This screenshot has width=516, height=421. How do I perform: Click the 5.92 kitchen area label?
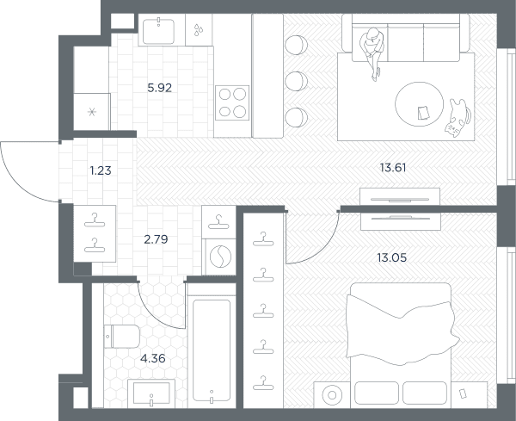click(160, 88)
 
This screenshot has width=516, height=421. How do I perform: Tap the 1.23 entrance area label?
click(101, 170)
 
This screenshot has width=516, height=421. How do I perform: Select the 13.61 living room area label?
click(393, 168)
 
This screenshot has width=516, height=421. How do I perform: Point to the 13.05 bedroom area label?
click(391, 257)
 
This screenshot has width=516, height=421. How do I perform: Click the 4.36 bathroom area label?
click(153, 358)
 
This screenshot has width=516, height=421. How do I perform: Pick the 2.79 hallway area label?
click(156, 239)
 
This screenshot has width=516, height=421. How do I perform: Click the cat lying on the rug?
click(458, 118)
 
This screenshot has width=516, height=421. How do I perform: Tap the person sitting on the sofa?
click(372, 53)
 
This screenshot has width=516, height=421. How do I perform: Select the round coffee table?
click(420, 104)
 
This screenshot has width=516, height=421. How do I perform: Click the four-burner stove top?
click(232, 102)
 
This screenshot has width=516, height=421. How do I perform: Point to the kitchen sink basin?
click(158, 32)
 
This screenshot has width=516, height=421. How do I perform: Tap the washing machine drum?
click(220, 257)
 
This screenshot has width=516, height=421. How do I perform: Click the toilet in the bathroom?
click(122, 337)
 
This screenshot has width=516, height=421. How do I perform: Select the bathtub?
click(212, 350)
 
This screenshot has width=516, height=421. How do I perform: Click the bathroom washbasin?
click(151, 393)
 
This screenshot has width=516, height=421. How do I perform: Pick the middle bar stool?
click(296, 81)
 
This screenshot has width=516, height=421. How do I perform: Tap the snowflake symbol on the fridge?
click(92, 112)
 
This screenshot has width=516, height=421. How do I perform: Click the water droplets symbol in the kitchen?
click(199, 29)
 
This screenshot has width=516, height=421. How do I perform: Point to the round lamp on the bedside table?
click(332, 394)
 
